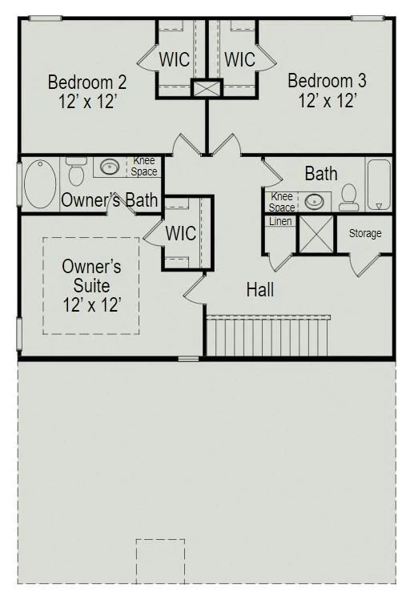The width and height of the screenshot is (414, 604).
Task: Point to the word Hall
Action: click(x=260, y=289)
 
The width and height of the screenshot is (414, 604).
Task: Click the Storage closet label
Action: click(x=365, y=233)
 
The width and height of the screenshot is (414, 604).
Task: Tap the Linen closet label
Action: click(x=280, y=221)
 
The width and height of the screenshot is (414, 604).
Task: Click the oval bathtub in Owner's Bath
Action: click(x=40, y=184)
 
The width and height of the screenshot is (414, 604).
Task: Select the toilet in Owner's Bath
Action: click(x=76, y=171)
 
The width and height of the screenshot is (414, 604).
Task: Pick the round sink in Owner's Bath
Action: click(x=110, y=167)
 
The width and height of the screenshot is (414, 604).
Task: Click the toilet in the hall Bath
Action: click(x=349, y=198)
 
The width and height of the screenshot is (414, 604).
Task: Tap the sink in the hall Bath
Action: click(x=315, y=201)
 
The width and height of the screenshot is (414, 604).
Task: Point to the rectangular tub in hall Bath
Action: click(x=379, y=184)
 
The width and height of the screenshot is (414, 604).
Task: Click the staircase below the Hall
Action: click(x=267, y=336)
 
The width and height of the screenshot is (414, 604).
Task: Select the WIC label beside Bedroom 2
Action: click(x=175, y=59)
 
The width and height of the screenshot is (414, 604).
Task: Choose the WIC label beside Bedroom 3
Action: click(x=239, y=59)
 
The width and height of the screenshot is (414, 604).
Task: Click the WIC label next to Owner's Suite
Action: click(x=181, y=233)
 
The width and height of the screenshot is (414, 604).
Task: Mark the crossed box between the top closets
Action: click(x=207, y=88)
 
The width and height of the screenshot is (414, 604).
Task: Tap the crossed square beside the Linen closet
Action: click(x=316, y=234)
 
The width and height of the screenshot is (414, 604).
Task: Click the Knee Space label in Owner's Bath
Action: click(x=143, y=166)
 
